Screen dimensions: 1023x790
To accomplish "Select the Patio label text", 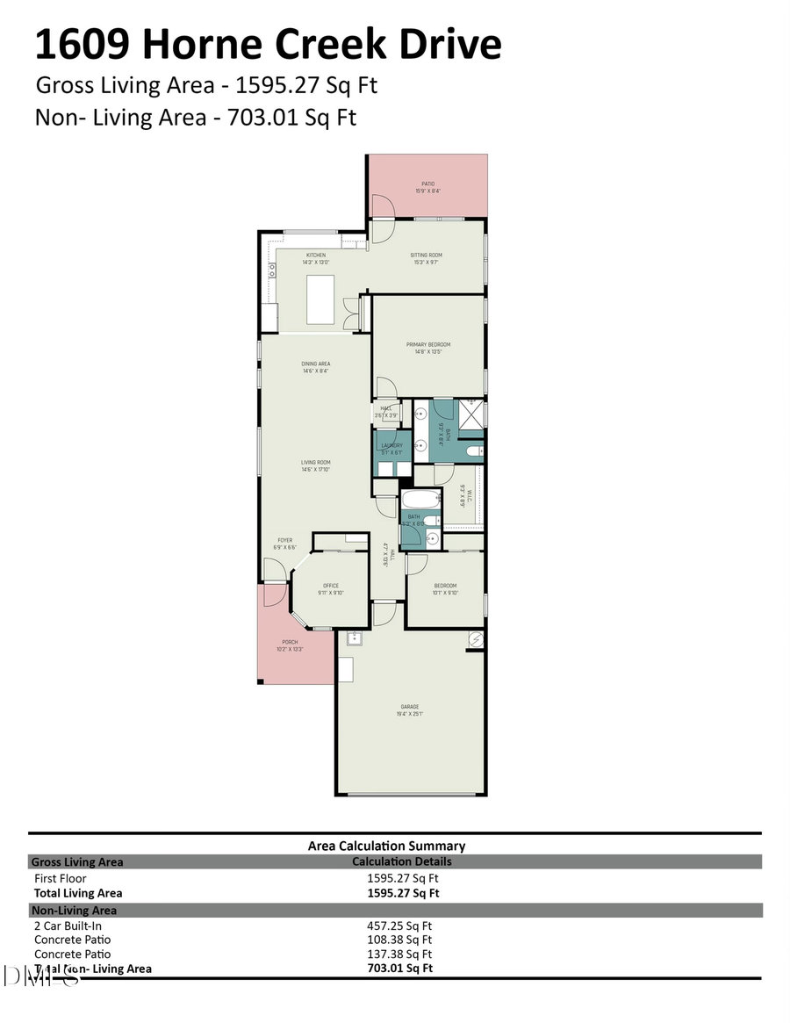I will [427, 184].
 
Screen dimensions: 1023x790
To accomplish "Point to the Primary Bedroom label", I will [427, 344].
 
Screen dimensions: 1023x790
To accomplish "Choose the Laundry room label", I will [391, 445].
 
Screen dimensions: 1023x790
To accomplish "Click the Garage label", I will [410, 707].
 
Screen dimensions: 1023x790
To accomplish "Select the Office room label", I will [330, 586].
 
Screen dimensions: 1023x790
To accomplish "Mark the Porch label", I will [290, 642].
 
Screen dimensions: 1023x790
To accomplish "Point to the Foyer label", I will [285, 540].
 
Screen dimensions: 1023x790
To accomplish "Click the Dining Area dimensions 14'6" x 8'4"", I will [316, 371].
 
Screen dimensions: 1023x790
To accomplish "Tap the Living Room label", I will [316, 462].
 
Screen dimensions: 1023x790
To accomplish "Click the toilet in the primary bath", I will [472, 452].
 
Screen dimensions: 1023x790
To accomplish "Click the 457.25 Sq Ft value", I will [399, 926].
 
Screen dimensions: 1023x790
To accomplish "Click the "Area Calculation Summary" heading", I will [386, 846].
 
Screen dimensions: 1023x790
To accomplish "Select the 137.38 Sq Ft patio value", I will [399, 954].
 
